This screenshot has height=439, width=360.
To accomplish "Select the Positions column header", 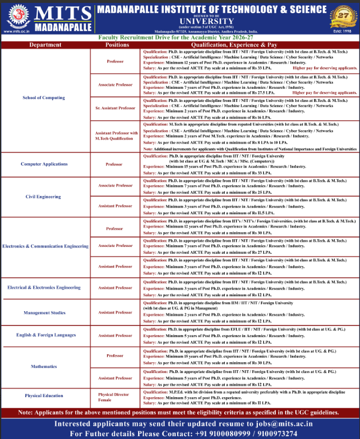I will (118, 44).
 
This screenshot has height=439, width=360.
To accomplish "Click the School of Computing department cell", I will (44, 97).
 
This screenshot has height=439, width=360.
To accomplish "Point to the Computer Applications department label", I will (44, 164).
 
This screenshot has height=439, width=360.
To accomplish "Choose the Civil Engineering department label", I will (44, 196).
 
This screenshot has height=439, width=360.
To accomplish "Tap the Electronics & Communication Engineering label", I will (45, 246).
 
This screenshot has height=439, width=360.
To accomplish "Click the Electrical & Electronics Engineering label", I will (44, 287).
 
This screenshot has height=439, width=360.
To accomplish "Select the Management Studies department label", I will (44, 313).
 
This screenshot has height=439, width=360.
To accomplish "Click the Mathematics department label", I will (44, 366).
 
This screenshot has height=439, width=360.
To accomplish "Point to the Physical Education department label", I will (44, 395).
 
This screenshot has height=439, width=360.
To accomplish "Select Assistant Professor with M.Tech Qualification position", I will (117, 135).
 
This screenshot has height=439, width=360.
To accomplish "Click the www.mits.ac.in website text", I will (17, 31).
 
